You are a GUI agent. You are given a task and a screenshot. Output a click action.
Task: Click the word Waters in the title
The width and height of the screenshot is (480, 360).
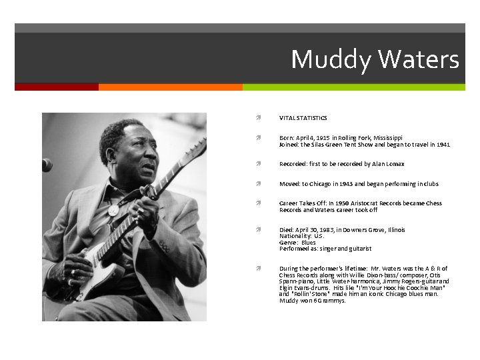419,60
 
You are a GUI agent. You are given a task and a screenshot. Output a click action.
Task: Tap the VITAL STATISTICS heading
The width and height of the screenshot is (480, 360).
303,118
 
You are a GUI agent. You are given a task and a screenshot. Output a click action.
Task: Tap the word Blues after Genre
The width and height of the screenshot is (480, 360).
308,243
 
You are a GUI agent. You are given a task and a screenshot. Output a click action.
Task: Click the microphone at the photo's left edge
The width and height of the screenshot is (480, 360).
46,165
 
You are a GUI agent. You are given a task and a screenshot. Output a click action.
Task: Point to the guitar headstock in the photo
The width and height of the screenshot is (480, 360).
194,150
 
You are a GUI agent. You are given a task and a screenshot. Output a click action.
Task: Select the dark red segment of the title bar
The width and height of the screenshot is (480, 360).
56,87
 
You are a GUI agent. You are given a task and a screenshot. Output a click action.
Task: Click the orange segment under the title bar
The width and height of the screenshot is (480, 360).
170,87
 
